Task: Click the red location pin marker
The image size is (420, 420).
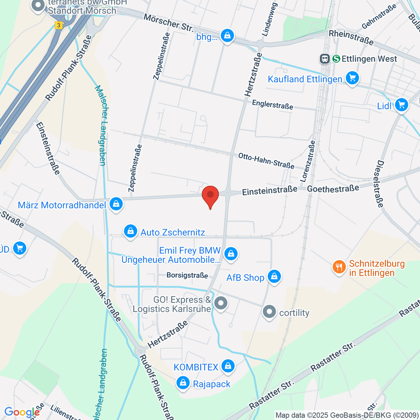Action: coord(210,195)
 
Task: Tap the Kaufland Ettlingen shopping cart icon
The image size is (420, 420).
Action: coord(352,78)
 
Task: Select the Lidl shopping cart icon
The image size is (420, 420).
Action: coord(401,105)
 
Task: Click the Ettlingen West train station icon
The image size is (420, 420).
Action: coord(325,59)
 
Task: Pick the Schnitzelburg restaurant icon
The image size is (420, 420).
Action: coord(338,267)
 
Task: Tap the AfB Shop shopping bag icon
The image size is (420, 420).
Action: coord(274,276)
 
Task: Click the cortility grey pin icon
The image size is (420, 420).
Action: coord(269,311)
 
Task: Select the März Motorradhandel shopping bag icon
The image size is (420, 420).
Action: coord(116,204)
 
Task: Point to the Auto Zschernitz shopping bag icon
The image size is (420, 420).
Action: coord(131,231)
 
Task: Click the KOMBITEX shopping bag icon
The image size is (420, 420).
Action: coord(228,366)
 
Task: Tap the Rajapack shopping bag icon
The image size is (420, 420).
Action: coord(183,383)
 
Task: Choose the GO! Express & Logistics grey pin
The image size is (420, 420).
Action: coord(220,303)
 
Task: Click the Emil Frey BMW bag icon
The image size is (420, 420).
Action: coord(231,253)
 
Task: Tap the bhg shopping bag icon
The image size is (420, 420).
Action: coord(227,36)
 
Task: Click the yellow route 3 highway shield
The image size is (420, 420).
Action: coord(58,25)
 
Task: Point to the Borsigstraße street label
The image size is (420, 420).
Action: coord(187,275)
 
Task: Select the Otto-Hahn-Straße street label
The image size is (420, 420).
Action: coord(266,160)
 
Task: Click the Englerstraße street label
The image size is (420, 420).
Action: coord(272,104)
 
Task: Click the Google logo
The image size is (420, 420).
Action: coord(22,412)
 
